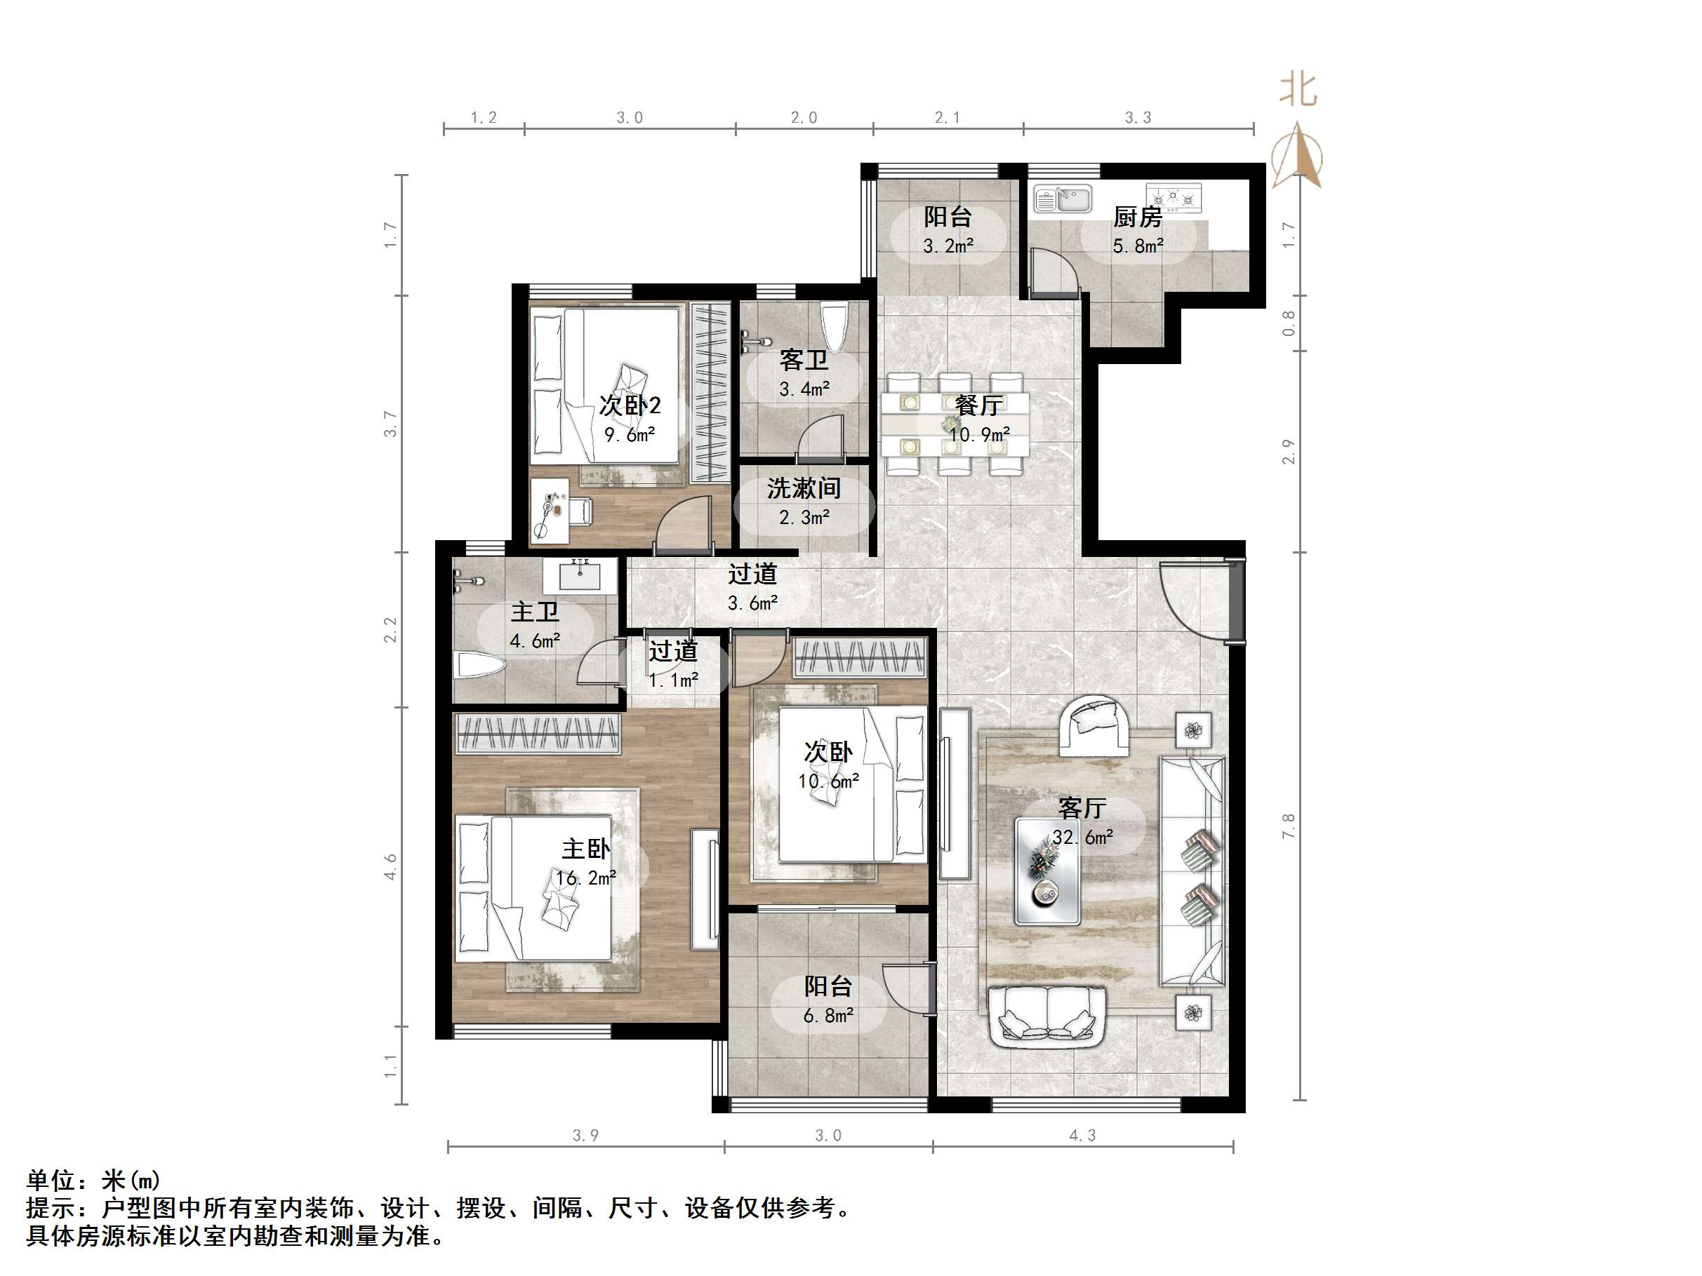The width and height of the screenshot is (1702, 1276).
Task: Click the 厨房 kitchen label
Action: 1137,217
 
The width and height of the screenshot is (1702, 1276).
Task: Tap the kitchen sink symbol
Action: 1062,200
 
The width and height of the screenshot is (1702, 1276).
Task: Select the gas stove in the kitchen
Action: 1173,198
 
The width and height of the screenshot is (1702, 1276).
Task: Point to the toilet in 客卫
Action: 834,326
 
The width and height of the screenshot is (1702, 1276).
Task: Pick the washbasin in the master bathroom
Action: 580,575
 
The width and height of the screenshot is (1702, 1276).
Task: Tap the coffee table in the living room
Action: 1046,870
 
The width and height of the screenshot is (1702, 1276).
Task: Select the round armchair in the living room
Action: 1094,725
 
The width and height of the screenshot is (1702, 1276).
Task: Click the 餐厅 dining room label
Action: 978,405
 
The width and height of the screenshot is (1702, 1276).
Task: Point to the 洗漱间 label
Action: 804,488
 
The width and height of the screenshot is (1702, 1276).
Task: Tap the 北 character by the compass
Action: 1298,90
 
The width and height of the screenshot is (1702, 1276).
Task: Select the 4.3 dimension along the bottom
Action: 1082,1135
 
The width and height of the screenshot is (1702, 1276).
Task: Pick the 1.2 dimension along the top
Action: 484,118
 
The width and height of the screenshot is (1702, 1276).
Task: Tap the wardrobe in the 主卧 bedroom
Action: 537,733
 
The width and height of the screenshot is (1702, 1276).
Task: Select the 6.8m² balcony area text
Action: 828,1016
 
